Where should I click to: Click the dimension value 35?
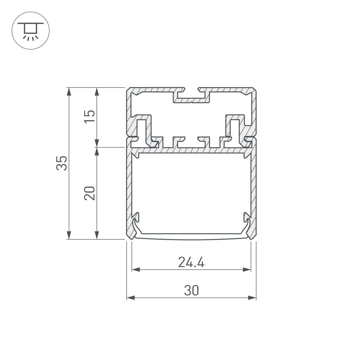tap(62, 163)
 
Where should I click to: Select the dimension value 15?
tap(90, 116)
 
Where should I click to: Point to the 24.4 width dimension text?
tap(191, 262)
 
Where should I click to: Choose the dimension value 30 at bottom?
tap(191, 291)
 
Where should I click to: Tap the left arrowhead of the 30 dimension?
tap(130, 298)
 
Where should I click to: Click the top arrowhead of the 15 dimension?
tap(97, 91)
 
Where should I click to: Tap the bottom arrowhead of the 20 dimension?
tap(97, 235)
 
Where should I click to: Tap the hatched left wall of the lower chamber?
tap(129, 187)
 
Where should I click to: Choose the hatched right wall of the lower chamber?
tap(254, 187)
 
